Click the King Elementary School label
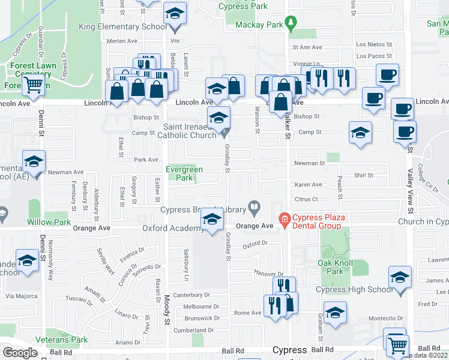point(122,26)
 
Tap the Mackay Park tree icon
point(291,24)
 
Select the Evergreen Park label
point(184,174)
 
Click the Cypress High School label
point(355,290)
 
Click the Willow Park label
point(49,222)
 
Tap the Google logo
point(20,352)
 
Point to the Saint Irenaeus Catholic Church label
point(189,131)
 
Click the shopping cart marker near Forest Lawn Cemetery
point(34,85)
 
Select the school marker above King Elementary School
point(175,13)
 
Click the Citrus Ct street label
point(306,199)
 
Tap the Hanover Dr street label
point(268,273)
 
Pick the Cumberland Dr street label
point(193,330)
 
